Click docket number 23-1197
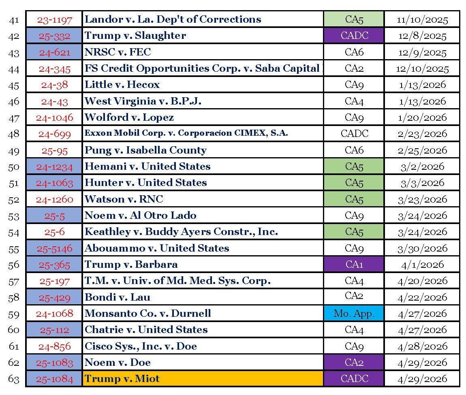[54, 20]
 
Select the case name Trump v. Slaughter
[135, 36]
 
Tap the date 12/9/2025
[422, 53]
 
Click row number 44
[14, 69]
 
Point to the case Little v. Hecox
[122, 85]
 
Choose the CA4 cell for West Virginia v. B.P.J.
[354, 101]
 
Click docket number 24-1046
[54, 118]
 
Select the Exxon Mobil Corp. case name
[186, 133]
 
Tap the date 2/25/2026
[422, 150]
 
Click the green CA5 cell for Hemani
[354, 167]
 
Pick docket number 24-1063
[54, 183]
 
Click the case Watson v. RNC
[124, 199]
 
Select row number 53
[14, 216]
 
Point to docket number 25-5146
[54, 248]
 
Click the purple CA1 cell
[354, 264]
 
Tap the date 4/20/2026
[422, 281]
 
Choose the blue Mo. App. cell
[354, 313]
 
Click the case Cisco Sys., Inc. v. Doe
[141, 346]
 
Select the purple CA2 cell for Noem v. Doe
[354, 362]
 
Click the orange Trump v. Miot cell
[203, 379]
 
